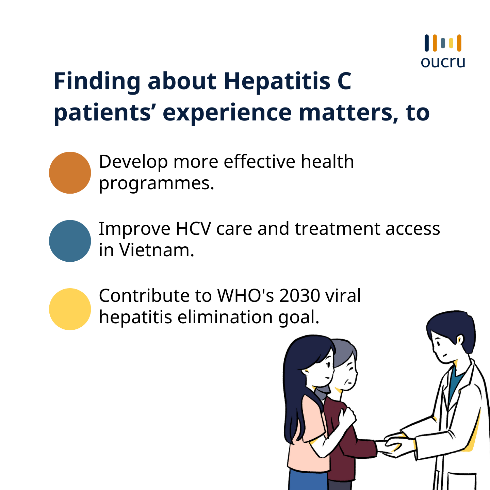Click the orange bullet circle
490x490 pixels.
pyautogui.click(x=70, y=173)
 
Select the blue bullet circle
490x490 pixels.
pyautogui.click(x=70, y=241)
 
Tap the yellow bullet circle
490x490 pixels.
pyautogui.click(x=70, y=309)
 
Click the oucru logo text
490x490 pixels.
pyautogui.click(x=443, y=62)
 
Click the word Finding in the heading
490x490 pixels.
pyautogui.click(x=97, y=82)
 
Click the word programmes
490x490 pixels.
pyautogui.click(x=157, y=184)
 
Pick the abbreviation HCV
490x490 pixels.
pyautogui.click(x=193, y=229)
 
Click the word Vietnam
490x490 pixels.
pyautogui.click(x=157, y=250)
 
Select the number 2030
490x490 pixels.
pyautogui.click(x=299, y=295)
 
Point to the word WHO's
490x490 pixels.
pyautogui.click(x=245, y=295)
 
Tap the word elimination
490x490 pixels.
pyautogui.click(x=225, y=317)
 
